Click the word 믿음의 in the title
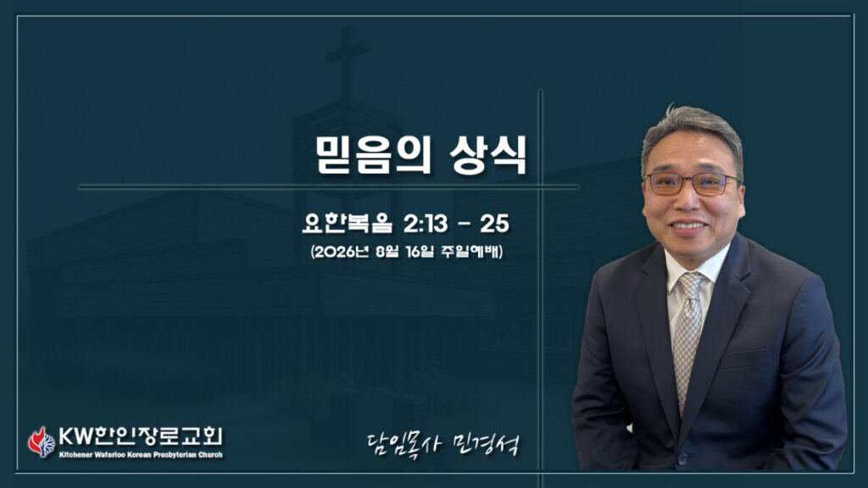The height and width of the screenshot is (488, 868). pyautogui.click(x=374, y=156)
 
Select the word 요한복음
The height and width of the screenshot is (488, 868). pyautogui.click(x=347, y=223)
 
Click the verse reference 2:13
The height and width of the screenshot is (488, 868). pyautogui.click(x=426, y=224)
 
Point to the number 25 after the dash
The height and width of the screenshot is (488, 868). pyautogui.click(x=494, y=224)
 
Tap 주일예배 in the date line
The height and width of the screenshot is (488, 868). pyautogui.click(x=470, y=252)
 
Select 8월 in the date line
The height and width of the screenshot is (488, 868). pyautogui.click(x=387, y=252)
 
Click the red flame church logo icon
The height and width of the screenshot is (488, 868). pyautogui.click(x=42, y=441)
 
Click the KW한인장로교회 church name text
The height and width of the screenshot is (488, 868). pyautogui.click(x=141, y=436)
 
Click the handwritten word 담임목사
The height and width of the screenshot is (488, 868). pyautogui.click(x=403, y=444)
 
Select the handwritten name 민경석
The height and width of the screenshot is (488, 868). pyautogui.click(x=486, y=444)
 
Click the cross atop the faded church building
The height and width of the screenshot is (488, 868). pyautogui.click(x=347, y=61)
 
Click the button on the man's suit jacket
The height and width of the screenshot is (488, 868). pyautogui.click(x=682, y=458)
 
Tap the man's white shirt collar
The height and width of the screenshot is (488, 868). pyautogui.click(x=697, y=265)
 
